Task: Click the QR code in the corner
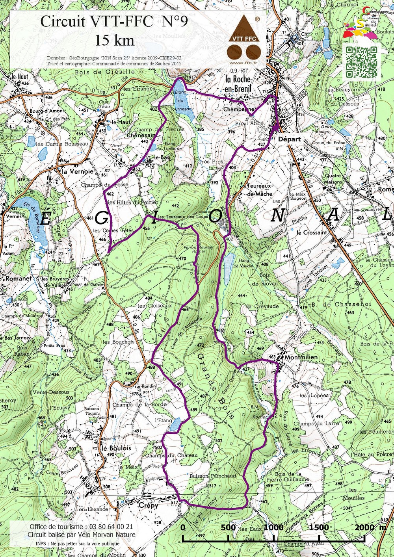click(361, 62)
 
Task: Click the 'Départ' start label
click(289, 139)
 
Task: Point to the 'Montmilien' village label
click(301, 357)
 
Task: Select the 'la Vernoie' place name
click(78, 171)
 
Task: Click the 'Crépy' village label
click(148, 505)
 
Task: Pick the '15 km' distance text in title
click(114, 40)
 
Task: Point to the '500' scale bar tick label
click(228, 527)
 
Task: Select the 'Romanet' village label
click(19, 278)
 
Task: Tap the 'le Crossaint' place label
click(312, 232)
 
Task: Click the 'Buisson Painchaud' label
click(213, 476)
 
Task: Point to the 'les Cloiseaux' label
click(155, 306)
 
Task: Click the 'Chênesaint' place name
click(141, 136)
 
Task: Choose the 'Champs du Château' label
click(171, 455)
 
